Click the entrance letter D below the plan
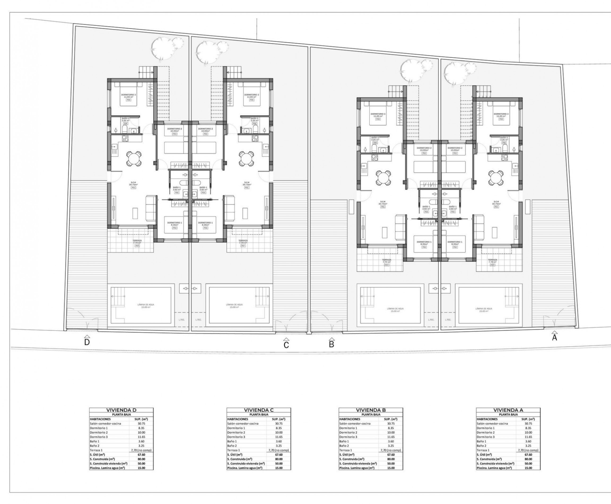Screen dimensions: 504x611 point(87,342)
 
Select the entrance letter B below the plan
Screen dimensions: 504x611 point(331,344)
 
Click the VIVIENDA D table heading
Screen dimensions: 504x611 point(121,410)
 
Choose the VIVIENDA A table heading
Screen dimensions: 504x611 point(508,410)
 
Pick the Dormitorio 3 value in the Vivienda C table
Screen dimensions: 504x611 point(279,437)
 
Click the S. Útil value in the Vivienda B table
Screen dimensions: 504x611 point(391,455)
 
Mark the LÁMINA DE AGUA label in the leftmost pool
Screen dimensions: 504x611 point(146,305)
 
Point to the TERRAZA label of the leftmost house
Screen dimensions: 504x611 point(137,241)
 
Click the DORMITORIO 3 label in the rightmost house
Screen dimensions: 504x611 point(501,114)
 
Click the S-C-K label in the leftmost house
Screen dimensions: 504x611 point(133,183)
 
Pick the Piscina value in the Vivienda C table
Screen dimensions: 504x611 point(279,468)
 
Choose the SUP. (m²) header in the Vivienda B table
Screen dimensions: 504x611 point(391,419)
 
